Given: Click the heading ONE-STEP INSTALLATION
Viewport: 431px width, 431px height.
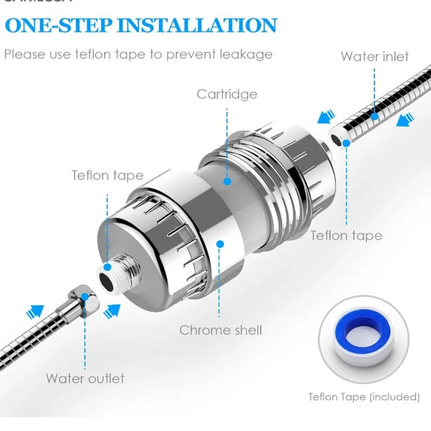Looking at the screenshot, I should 141,25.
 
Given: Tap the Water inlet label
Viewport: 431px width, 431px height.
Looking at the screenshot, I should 374,57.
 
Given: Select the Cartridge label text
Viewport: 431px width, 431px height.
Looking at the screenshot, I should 226,94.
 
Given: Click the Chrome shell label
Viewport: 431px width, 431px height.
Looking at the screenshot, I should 220,330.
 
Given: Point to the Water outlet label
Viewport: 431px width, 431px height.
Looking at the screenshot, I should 85,378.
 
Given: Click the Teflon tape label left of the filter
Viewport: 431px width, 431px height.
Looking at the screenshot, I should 108,175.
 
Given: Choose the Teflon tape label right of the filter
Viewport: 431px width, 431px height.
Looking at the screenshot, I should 346,235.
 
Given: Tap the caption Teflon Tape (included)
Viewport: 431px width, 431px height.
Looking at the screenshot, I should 364,397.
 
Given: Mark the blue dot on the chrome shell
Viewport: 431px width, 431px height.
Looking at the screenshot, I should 219,244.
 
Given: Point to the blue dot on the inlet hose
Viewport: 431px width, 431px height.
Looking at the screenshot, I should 374,116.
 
